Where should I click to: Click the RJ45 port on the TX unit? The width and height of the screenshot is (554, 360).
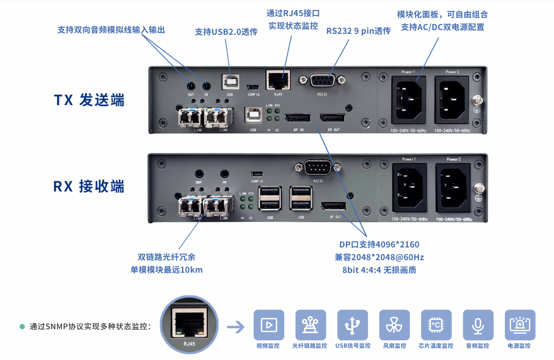(278, 80)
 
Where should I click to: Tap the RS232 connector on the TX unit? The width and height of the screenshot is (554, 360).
(322, 80)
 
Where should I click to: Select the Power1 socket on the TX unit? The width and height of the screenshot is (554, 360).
(408, 100)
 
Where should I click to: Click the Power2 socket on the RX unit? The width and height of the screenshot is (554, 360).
(453, 188)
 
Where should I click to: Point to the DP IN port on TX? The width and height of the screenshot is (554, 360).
(298, 118)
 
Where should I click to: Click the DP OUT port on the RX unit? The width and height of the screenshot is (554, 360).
(334, 206)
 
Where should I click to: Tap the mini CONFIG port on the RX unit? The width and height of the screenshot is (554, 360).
(257, 174)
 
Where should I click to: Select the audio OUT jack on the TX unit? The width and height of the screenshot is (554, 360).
(191, 87)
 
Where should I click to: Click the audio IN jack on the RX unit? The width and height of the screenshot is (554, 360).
(225, 173)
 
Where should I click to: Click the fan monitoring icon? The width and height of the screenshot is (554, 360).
(395, 325)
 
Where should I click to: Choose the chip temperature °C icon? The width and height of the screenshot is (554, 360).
(436, 325)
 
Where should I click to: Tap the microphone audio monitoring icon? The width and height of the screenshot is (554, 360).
(478, 325)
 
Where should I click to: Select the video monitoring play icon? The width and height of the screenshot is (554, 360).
(269, 325)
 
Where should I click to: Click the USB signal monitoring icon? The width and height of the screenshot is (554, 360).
(352, 325)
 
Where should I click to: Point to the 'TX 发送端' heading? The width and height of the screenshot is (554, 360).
(89, 100)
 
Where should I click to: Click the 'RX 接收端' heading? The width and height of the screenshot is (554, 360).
(89, 186)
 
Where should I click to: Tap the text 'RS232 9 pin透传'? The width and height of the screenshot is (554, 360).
(358, 31)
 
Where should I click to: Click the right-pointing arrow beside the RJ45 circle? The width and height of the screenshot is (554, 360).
(236, 327)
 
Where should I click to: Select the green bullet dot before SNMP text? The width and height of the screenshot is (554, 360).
(22, 327)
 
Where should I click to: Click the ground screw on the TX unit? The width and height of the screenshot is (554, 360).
(478, 100)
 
